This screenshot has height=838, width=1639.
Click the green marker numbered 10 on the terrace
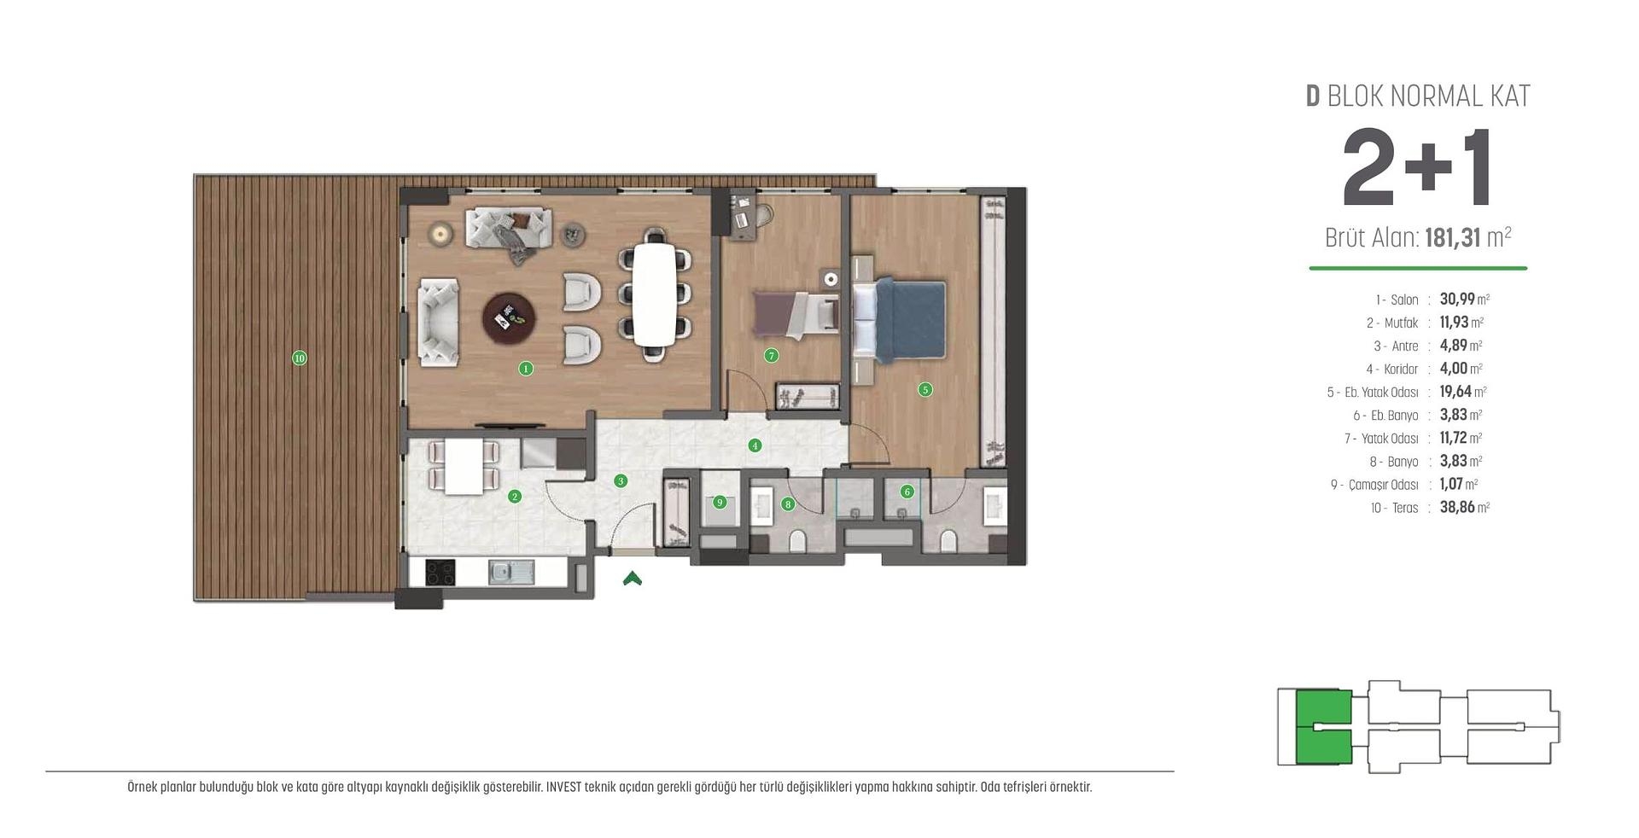point(299,358)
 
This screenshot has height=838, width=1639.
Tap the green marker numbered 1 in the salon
point(526,369)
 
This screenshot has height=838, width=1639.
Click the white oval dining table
point(655,294)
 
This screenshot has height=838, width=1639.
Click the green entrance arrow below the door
point(632,579)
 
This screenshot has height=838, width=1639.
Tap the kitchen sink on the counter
point(510,572)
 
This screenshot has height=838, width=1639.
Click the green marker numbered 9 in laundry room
point(720,502)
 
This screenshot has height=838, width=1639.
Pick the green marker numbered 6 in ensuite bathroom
point(907,492)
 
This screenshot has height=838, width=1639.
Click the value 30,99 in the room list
point(1456,300)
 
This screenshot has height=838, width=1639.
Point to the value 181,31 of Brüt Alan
point(1452,237)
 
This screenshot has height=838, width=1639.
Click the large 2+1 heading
point(1417,168)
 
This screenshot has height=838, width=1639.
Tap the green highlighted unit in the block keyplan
point(1323,726)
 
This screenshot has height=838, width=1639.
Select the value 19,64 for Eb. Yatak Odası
point(1455,392)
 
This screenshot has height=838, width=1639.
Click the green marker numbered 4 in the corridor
point(754,445)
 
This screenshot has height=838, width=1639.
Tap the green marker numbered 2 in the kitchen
point(515,496)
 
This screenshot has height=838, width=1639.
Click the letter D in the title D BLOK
point(1313,96)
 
